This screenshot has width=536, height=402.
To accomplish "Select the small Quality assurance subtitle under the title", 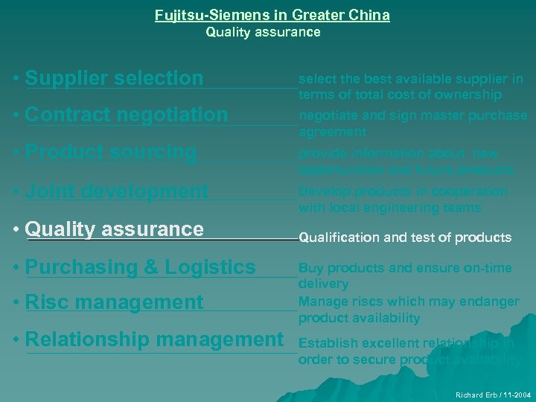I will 263,32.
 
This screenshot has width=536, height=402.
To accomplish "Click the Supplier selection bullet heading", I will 114,77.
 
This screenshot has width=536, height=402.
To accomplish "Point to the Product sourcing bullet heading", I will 111,151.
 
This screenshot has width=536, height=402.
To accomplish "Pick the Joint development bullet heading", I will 117,191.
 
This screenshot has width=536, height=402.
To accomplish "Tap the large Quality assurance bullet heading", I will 114,229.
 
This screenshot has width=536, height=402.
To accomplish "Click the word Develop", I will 322,191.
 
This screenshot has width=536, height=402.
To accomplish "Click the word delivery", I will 323,284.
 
